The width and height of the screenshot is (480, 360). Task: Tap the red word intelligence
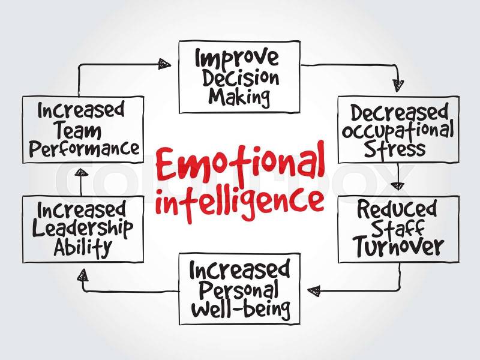click(x=239, y=201)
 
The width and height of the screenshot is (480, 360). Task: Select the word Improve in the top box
click(x=237, y=59)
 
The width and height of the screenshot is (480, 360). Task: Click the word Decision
click(x=241, y=79)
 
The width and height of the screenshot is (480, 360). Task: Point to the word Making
click(x=239, y=97)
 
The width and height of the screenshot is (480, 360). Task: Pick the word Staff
click(x=398, y=229)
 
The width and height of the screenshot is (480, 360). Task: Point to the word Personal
click(x=239, y=290)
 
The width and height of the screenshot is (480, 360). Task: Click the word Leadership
click(x=83, y=229)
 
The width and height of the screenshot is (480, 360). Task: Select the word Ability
click(x=82, y=247)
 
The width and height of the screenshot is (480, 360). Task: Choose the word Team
click(x=79, y=131)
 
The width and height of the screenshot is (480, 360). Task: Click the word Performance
click(x=84, y=149)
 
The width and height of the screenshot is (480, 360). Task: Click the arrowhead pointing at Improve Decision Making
click(x=164, y=64)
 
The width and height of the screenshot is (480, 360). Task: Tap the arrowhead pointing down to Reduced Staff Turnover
click(x=398, y=185)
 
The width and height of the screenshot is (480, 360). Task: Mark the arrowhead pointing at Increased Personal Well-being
click(x=314, y=290)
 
